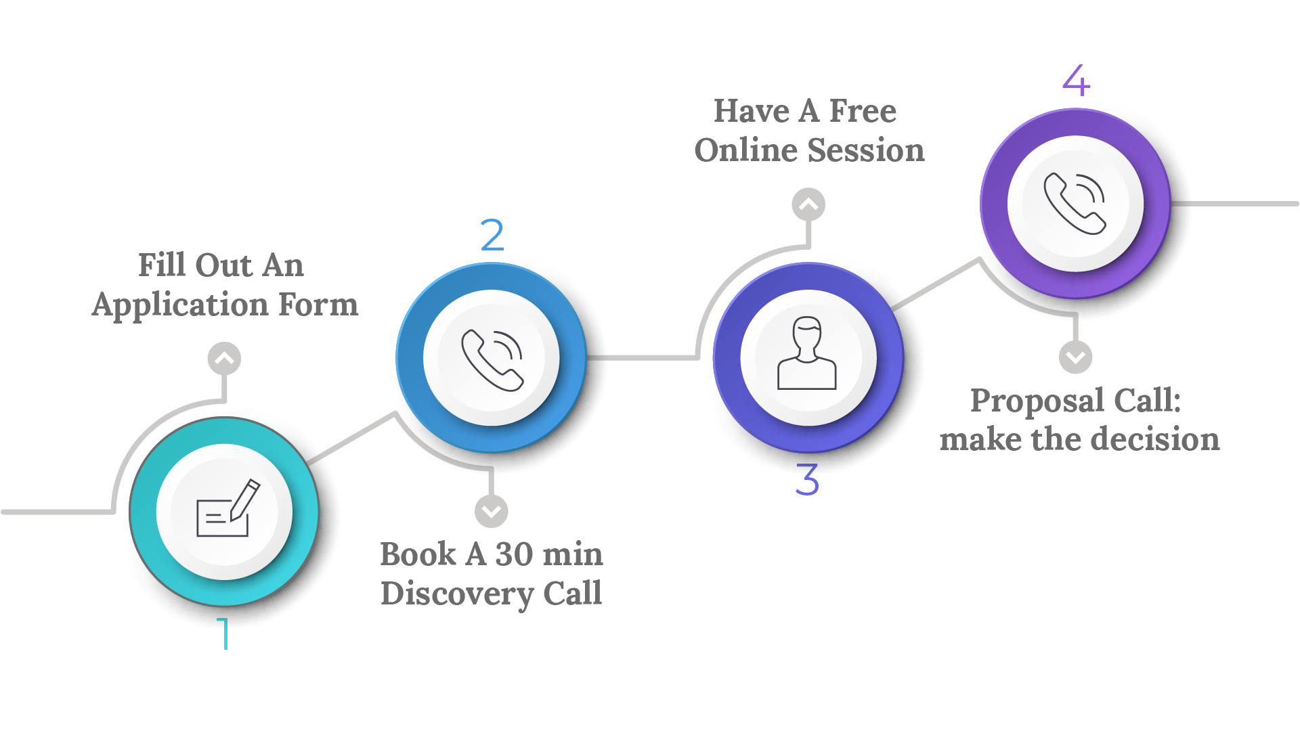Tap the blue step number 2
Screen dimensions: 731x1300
pyautogui.click(x=492, y=235)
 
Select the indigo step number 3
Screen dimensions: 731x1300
pyautogui.click(x=807, y=480)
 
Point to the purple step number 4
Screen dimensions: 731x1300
pyautogui.click(x=1076, y=81)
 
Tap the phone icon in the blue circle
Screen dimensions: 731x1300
pyautogui.click(x=492, y=359)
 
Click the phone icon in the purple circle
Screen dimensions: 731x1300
pyautogui.click(x=1075, y=203)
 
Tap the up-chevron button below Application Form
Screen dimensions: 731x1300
pyautogui.click(x=224, y=359)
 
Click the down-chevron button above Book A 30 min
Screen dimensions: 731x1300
pyautogui.click(x=492, y=511)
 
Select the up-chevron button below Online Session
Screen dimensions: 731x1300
pyautogui.click(x=808, y=204)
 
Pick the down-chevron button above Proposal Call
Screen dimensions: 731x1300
pyautogui.click(x=1075, y=357)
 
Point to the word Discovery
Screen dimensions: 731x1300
pyautogui.click(x=456, y=594)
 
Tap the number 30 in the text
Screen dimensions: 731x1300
pyautogui.click(x=514, y=554)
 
